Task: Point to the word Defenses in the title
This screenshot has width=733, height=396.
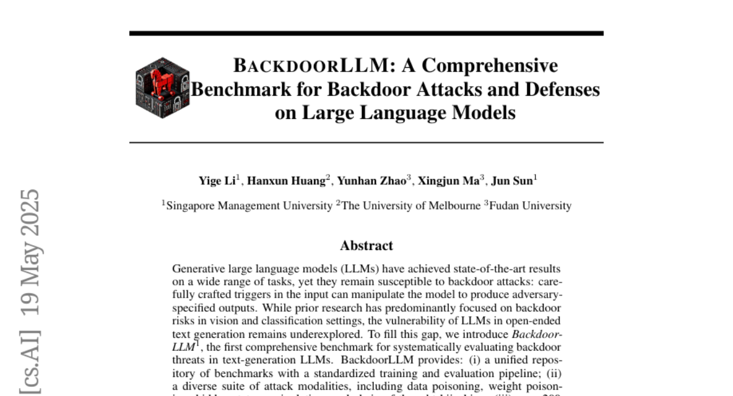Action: pos(560,89)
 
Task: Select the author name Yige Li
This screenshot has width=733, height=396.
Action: pos(217,181)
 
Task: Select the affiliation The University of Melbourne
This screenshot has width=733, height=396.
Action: pos(410,206)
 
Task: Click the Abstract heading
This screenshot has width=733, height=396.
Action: pos(366,246)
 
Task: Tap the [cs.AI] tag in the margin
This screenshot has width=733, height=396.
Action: pos(29,357)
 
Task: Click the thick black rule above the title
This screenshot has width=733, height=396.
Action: pos(366,33)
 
